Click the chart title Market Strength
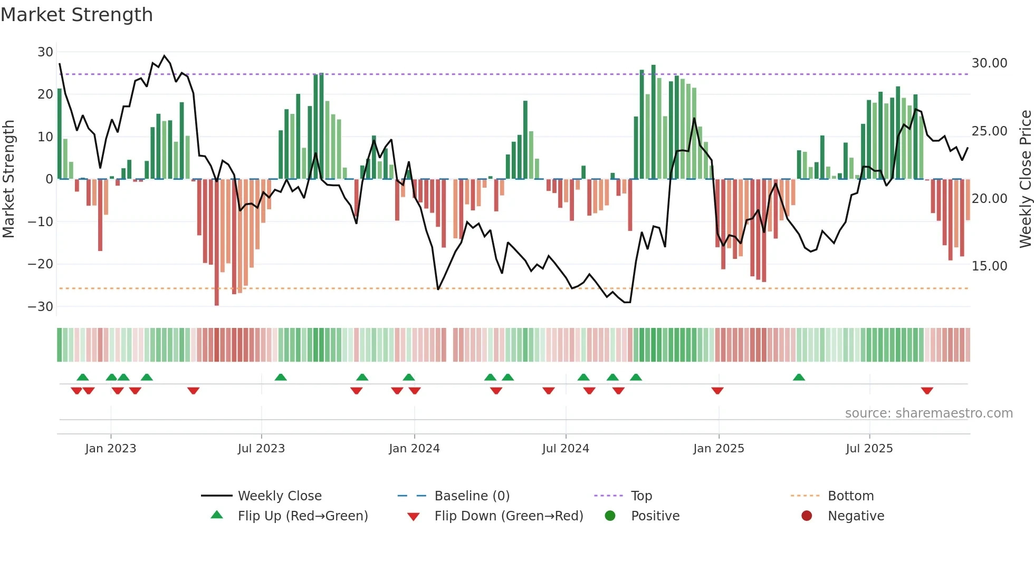tap(77, 15)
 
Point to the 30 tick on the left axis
tap(45, 52)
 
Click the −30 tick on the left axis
tap(41, 307)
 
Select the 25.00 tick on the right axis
tap(989, 131)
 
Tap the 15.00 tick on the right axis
tap(989, 266)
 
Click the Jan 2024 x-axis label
tap(414, 449)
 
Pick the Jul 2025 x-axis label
tap(869, 449)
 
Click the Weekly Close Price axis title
tap(1025, 179)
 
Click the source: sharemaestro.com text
tap(928, 413)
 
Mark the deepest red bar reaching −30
tap(217, 243)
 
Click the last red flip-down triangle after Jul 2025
tap(927, 391)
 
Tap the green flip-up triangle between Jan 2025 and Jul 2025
tap(799, 377)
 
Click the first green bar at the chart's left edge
tap(60, 134)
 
